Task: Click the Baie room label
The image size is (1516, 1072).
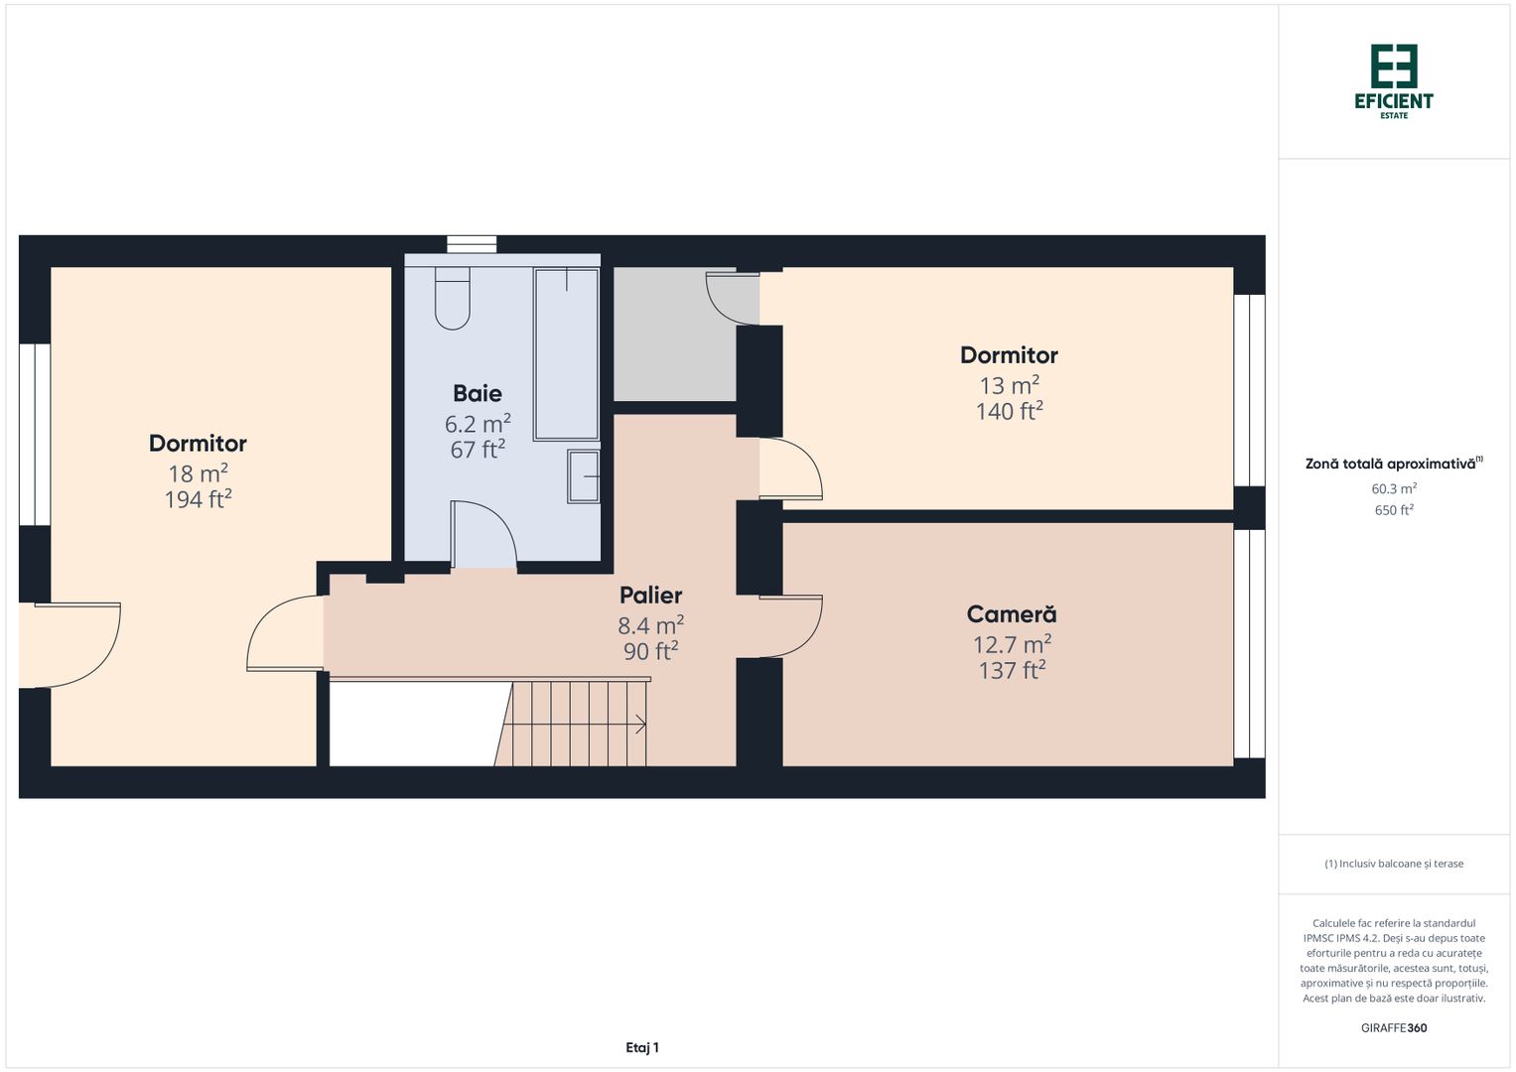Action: [478, 393]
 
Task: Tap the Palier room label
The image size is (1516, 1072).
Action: [650, 595]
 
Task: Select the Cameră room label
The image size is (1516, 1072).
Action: [1012, 614]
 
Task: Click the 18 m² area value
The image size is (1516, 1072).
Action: [198, 472]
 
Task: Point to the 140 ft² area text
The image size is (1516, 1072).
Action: [1009, 411]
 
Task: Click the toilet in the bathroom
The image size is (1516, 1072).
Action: [453, 298]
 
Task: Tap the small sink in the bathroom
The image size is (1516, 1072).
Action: [584, 475]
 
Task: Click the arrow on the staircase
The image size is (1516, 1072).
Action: [640, 725]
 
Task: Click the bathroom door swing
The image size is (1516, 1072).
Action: [483, 536]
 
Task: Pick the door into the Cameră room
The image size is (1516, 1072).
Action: [791, 626]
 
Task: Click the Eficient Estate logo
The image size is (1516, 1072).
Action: [1394, 80]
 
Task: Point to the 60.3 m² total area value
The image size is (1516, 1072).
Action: [1394, 488]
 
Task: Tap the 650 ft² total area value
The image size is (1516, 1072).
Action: [1394, 510]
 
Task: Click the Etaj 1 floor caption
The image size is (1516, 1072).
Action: [642, 1047]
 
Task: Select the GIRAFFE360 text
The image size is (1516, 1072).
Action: [1394, 1028]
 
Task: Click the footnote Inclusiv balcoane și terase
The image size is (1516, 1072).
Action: [1394, 864]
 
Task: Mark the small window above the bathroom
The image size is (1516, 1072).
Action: [472, 244]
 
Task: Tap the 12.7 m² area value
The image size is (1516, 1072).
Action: [1012, 644]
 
